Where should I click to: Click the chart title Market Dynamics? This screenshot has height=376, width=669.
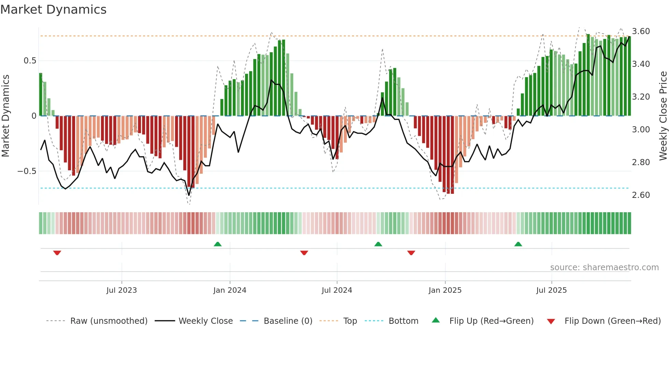coord(53,10)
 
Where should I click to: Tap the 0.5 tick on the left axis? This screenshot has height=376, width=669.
coord(30,61)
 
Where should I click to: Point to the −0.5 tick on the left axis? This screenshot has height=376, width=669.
coord(27,171)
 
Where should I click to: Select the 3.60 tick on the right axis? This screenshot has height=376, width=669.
coord(641,31)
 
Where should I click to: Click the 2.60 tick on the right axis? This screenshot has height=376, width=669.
coord(641,195)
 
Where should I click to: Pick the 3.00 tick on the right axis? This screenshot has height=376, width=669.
coord(641,130)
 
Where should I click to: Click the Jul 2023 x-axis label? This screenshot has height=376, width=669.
coord(122,290)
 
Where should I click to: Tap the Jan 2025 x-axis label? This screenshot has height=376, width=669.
coord(445,290)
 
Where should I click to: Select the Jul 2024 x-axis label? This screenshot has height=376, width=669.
coord(337,290)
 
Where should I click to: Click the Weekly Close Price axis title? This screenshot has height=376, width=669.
coord(663,116)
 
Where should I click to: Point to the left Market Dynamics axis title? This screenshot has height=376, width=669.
coord(5,116)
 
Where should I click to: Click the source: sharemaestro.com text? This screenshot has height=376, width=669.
coord(604,267)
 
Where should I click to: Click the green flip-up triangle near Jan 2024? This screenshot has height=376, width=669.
coord(218,244)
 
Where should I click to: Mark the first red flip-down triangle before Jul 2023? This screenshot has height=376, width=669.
coord(57,252)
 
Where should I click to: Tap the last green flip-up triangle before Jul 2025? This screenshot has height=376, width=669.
coord(518,244)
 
